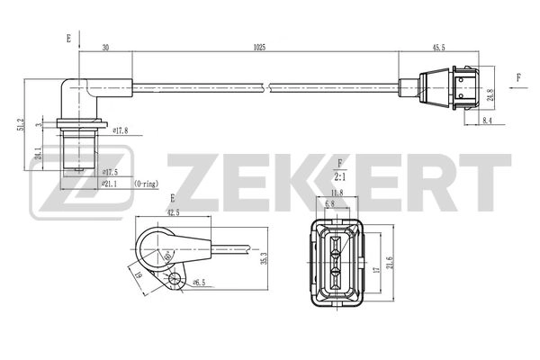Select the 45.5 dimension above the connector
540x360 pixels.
(x=442, y=46)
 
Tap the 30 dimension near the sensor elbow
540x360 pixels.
(x=106, y=46)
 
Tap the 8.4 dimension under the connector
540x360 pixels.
(x=487, y=120)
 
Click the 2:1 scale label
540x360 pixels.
(x=340, y=177)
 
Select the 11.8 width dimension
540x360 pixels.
(x=337, y=192)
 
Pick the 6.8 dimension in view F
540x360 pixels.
(x=331, y=203)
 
